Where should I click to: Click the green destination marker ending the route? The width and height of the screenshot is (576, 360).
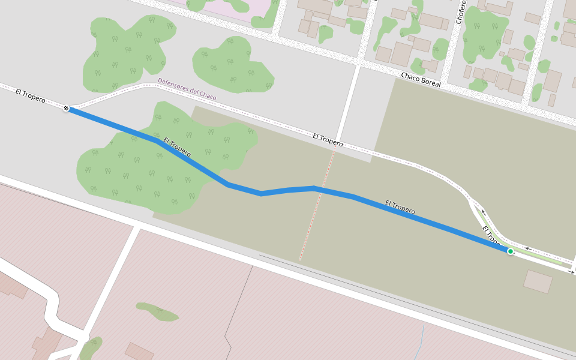click(x=510, y=251)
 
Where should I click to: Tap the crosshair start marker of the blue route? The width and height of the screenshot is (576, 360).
click(x=66, y=108)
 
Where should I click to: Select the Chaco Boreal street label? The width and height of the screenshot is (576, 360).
click(x=421, y=80)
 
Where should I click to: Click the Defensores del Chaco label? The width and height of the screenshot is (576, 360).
click(x=187, y=89)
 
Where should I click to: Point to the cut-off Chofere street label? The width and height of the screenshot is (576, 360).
click(x=460, y=12)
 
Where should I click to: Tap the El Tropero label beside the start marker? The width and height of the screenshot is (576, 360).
click(x=31, y=95)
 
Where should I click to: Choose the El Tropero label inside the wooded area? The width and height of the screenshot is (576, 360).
click(x=177, y=147)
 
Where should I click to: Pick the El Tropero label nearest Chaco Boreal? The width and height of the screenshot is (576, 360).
click(x=328, y=140)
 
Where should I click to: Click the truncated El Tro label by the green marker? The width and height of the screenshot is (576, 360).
click(x=490, y=235)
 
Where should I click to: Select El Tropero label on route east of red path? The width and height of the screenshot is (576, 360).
click(x=400, y=208)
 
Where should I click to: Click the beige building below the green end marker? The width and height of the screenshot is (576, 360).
click(x=538, y=281)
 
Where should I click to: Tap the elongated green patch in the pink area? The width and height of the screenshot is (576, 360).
click(x=157, y=311)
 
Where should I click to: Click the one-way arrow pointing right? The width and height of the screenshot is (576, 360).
click(x=570, y=272)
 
